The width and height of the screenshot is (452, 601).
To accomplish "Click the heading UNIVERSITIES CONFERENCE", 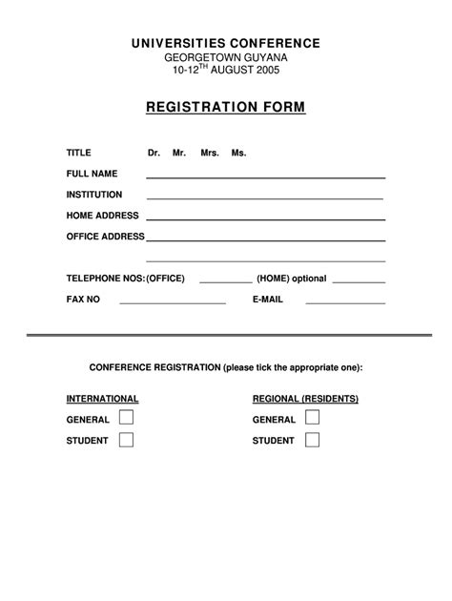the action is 226,44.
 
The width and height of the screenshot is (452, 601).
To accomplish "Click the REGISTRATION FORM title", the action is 226,108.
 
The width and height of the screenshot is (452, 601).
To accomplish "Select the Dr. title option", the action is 154,153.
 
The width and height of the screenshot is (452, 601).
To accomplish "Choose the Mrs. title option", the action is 210,153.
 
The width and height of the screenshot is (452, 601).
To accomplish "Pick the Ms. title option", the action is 238,153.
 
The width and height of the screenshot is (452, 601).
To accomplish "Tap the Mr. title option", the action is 179,153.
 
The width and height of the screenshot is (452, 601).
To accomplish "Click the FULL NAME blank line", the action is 265,176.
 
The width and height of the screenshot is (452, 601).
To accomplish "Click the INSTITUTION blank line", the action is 265,197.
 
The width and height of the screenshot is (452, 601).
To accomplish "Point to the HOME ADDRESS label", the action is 102,216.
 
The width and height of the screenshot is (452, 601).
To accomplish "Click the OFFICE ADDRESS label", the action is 105,237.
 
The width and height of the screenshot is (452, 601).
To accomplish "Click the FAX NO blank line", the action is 172,301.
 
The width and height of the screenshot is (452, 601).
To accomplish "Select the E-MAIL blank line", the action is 344,301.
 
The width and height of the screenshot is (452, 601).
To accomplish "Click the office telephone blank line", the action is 226,281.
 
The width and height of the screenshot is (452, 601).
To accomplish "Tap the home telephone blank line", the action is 359,281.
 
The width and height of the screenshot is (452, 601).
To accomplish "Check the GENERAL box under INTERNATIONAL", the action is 126,418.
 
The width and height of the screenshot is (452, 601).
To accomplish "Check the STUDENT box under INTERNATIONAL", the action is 126,440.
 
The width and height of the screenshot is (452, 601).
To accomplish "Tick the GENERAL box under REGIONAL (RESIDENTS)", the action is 312,418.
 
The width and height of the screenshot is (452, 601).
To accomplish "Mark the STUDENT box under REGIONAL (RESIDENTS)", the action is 312,440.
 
